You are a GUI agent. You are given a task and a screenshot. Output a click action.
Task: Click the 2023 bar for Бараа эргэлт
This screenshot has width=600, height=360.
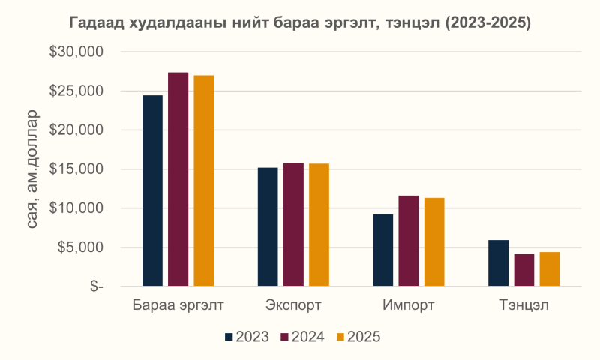152,190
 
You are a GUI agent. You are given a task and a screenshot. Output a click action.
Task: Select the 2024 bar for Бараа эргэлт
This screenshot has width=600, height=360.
178,179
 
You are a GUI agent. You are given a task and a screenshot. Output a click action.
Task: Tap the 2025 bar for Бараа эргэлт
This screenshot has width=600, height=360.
203,181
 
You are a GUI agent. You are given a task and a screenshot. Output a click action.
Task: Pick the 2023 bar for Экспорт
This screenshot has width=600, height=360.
268,226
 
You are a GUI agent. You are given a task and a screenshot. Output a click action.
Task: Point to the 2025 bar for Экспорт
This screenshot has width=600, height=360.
319,225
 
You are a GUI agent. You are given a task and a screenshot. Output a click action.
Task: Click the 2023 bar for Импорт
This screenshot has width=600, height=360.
382,250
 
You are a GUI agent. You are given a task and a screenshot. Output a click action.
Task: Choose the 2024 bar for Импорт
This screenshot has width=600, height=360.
408,241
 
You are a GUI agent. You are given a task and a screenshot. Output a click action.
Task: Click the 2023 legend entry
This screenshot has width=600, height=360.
247,337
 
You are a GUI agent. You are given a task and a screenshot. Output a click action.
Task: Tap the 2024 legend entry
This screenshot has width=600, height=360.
302,337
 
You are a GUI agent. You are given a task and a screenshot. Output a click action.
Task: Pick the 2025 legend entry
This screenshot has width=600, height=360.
358,337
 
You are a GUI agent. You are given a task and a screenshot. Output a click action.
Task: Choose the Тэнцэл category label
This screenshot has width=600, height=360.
523,305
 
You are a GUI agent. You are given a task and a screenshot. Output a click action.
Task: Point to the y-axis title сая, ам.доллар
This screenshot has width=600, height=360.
33,169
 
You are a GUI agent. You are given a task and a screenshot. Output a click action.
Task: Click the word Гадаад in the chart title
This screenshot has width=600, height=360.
97,22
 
